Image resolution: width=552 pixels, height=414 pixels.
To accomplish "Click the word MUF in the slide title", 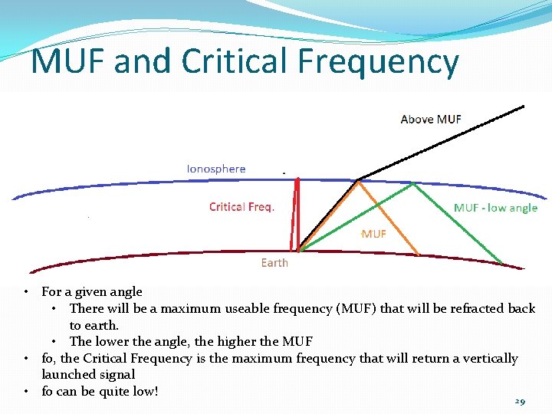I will pyautogui.click(x=68, y=61).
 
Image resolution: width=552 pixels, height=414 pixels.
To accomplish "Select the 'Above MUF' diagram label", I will pyautogui.click(x=431, y=119).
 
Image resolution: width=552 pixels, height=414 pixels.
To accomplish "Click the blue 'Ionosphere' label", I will pyautogui.click(x=216, y=168).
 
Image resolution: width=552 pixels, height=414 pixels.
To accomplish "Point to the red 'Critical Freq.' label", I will pyautogui.click(x=242, y=207).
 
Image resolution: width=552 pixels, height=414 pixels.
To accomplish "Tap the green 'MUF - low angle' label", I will pyautogui.click(x=495, y=208).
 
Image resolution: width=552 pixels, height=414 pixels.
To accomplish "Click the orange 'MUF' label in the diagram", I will pyautogui.click(x=373, y=233).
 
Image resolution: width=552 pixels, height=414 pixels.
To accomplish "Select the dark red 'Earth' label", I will pyautogui.click(x=274, y=263).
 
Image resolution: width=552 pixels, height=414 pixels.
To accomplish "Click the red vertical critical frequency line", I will pyautogui.click(x=294, y=215).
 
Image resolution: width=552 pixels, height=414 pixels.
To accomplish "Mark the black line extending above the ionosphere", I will pyautogui.click(x=445, y=142).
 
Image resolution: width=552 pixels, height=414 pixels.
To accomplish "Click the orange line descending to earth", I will pyautogui.click(x=391, y=219).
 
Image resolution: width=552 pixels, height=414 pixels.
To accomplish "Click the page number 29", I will pyautogui.click(x=520, y=402).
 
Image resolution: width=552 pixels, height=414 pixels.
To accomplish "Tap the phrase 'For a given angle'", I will pyautogui.click(x=92, y=291).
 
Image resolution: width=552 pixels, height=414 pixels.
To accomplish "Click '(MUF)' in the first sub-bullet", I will pyautogui.click(x=356, y=308).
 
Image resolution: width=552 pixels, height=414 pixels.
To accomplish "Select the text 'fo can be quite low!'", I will pyautogui.click(x=100, y=391).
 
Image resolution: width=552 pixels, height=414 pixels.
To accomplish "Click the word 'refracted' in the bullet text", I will pyautogui.click(x=467, y=308).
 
